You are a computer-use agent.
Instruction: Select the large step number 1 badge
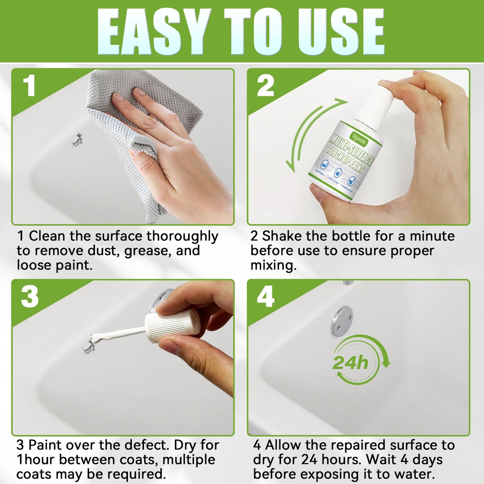click(29, 86)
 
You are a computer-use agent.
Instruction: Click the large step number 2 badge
click(265, 86)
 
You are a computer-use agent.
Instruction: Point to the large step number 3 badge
click(29, 297)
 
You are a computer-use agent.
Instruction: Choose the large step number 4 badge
click(266, 297)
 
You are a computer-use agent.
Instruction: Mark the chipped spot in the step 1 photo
click(77, 140)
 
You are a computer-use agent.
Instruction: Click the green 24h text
click(350, 363)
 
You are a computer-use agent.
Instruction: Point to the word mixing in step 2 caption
click(273, 265)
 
